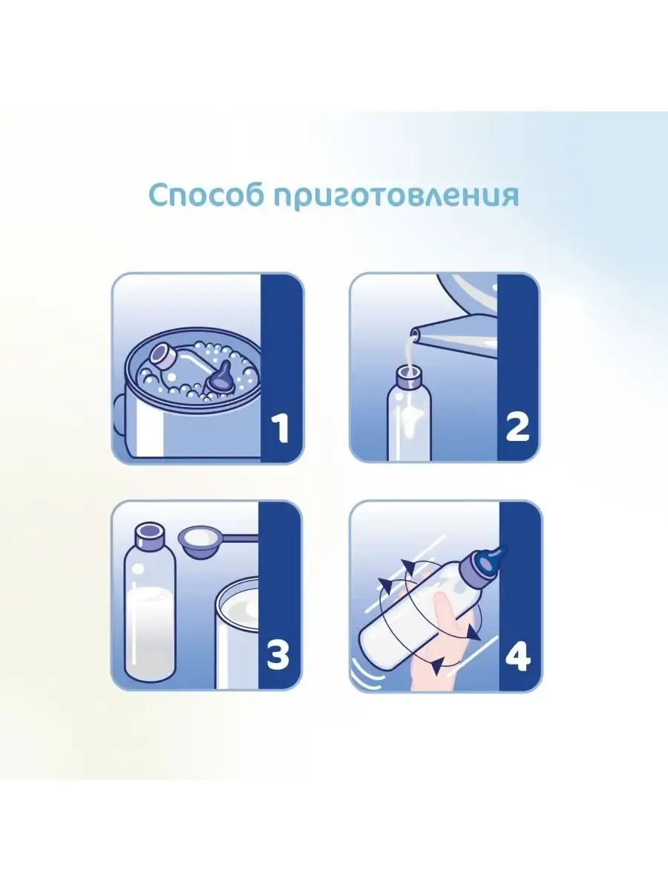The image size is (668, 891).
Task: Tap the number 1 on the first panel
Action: point(280,428)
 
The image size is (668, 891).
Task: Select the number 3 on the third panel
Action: point(279,656)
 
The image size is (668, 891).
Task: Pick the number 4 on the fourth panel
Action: point(518,656)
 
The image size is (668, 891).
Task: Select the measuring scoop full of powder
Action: point(203,541)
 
